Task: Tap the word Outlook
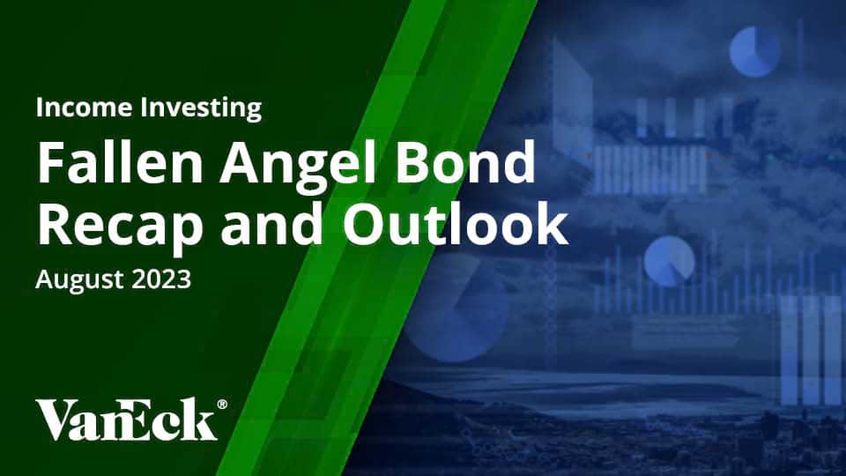coord(455,223)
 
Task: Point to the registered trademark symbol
coord(222,405)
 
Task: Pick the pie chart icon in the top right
coord(755,52)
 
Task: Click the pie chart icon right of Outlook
coord(669,261)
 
